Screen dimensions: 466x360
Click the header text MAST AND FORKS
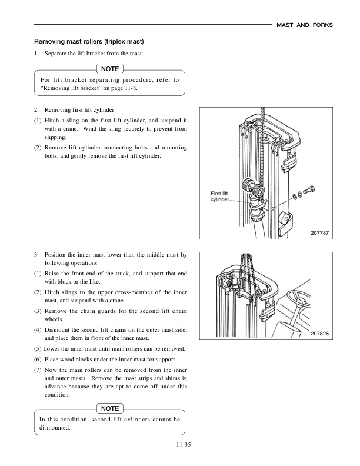click(x=305, y=25)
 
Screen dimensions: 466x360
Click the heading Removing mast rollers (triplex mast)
click(x=89, y=42)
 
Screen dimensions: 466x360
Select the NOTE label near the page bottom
click(x=110, y=408)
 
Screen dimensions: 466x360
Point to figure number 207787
click(x=319, y=233)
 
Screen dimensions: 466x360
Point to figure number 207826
click(x=319, y=334)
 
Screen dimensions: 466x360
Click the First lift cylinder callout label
click(x=222, y=196)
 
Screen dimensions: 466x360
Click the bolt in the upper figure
click(x=311, y=191)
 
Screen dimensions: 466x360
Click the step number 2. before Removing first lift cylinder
click(x=36, y=110)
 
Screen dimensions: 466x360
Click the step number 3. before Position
click(x=36, y=255)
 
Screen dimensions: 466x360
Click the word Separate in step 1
click(x=57, y=54)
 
